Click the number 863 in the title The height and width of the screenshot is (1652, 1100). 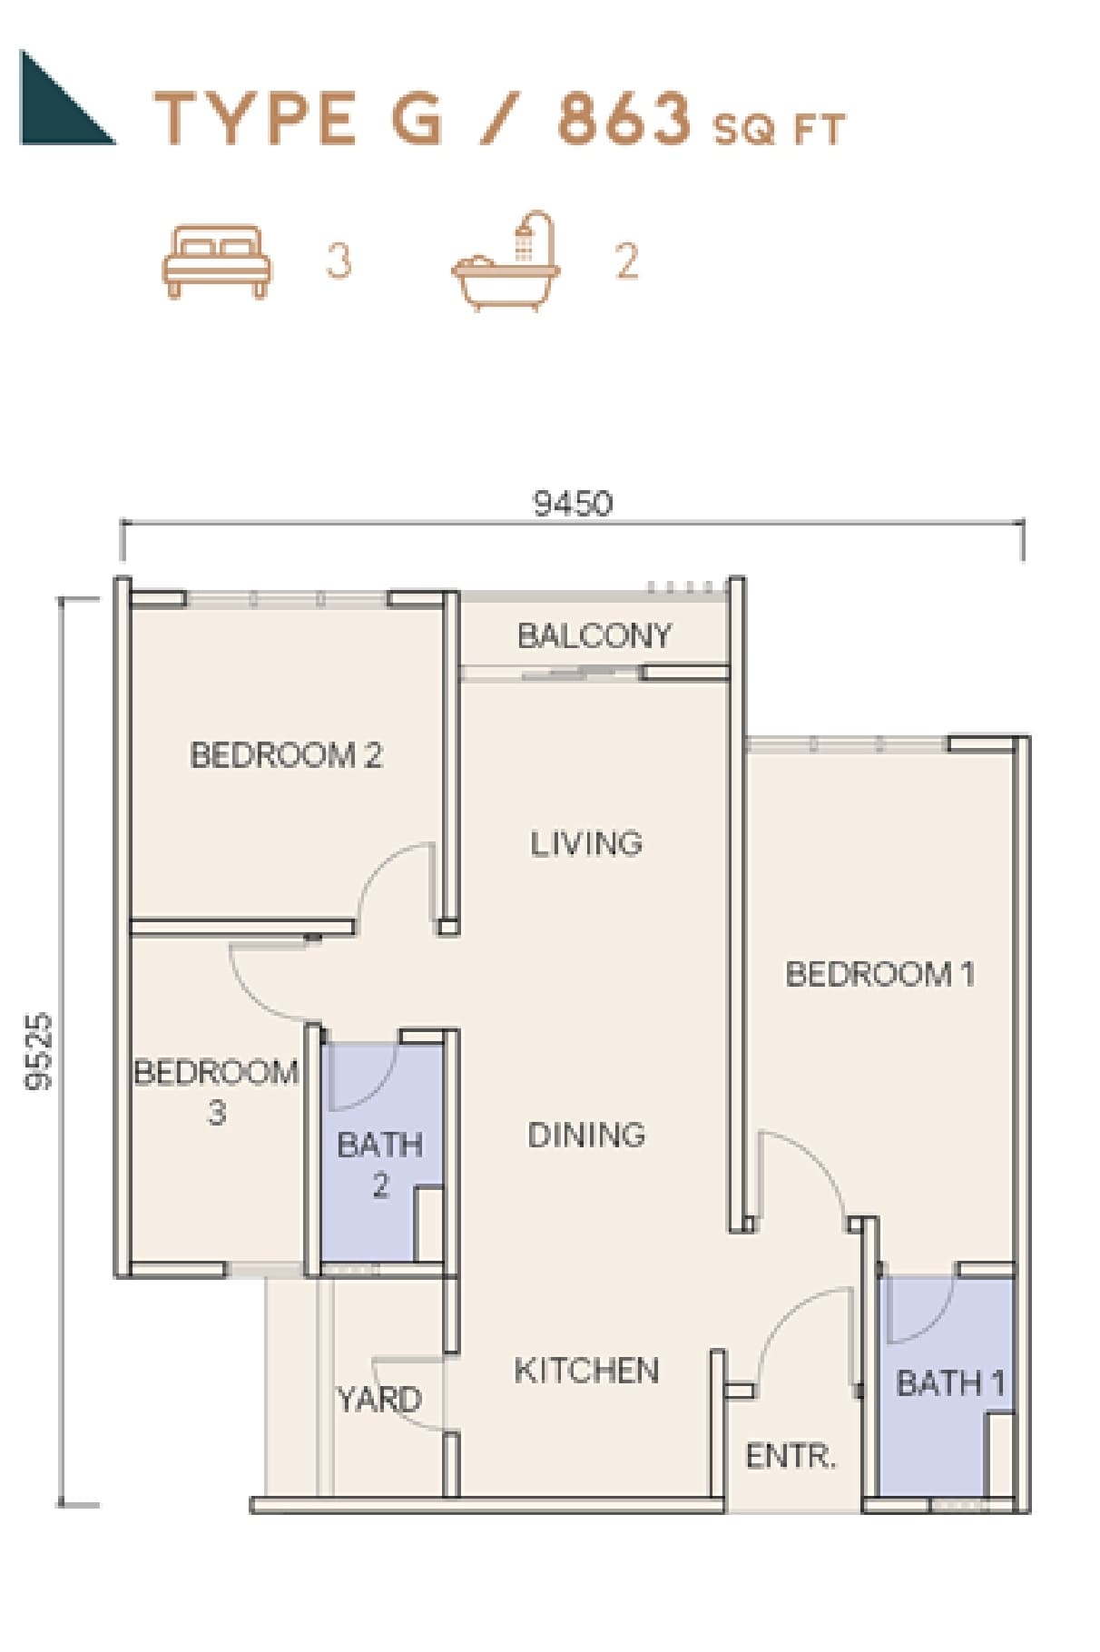point(624,119)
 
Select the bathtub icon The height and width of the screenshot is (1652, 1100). point(506,262)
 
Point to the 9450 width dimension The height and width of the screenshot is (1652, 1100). point(573,503)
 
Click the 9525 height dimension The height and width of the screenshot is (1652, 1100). point(40,1051)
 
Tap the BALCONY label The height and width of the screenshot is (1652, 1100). point(594,635)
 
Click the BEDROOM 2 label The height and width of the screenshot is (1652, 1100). point(287,755)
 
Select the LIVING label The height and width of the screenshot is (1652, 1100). point(586,844)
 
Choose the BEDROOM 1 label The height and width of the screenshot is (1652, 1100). point(879,974)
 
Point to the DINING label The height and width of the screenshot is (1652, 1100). point(586,1135)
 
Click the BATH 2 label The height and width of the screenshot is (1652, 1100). point(380,1165)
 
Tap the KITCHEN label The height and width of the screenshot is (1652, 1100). point(586,1371)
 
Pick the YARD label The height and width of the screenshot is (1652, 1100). point(379,1399)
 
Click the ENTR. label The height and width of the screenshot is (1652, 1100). point(791,1457)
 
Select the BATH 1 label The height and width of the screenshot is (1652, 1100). point(950,1383)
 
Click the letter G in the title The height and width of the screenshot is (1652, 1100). point(417,119)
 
